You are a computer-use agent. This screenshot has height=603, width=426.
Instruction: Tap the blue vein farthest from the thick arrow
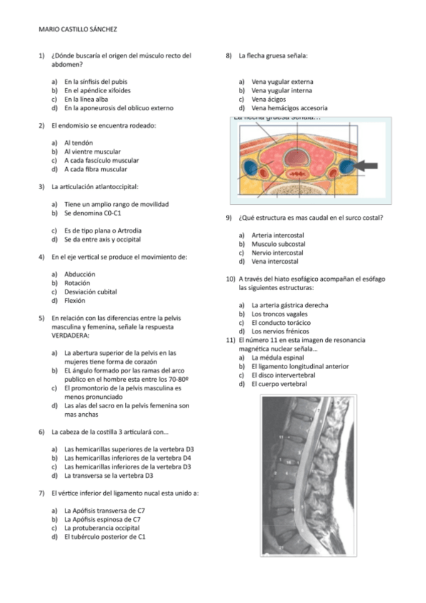point(252,169)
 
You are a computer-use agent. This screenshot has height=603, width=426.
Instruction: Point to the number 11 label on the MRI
point(282,436)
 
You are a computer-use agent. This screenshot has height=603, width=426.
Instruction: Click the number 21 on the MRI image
point(282,547)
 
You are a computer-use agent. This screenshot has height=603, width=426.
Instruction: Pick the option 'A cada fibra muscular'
point(96,169)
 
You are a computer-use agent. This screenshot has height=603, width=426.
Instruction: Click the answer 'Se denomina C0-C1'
point(94,213)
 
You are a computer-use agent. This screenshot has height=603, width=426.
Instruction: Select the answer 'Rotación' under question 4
point(77,283)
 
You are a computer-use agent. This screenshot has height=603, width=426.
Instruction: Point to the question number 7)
point(42,493)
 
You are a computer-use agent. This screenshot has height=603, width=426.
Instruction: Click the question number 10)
point(230,279)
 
